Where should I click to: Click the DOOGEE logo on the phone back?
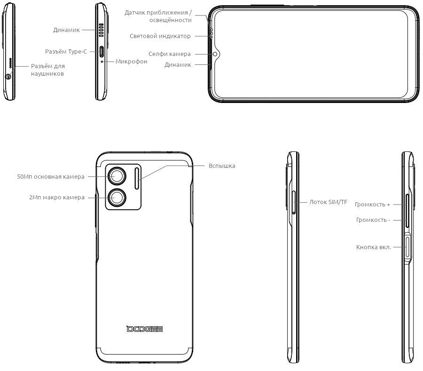(145, 329)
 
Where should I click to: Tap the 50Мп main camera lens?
(117, 176)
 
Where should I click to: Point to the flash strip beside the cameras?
(137, 178)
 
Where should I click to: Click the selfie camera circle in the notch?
(215, 54)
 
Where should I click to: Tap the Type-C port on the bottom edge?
(102, 52)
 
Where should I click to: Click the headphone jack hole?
(8, 77)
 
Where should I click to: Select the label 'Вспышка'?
(222, 166)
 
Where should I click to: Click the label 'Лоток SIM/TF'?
(328, 202)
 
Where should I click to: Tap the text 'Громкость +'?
(372, 205)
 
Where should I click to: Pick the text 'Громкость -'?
(373, 220)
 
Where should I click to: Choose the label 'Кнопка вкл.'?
(374, 247)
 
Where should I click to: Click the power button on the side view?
(407, 246)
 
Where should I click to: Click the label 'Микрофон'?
(132, 62)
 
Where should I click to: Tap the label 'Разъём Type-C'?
(66, 52)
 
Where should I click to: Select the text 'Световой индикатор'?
(160, 36)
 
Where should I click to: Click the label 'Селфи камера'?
(169, 54)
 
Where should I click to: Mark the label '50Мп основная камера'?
(51, 177)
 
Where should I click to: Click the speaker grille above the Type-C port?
(101, 30)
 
